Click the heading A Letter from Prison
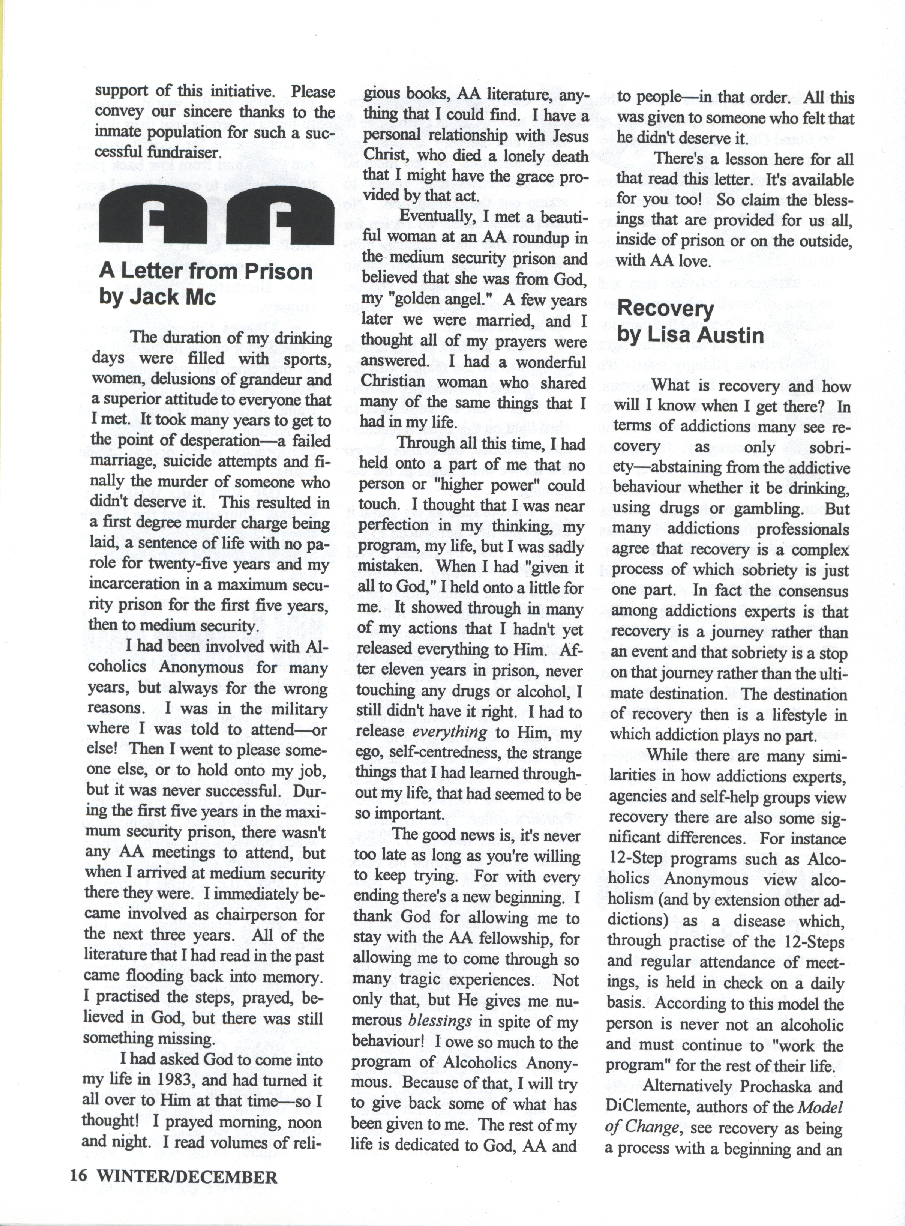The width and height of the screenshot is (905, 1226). click(206, 272)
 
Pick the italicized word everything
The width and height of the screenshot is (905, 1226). click(449, 732)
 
